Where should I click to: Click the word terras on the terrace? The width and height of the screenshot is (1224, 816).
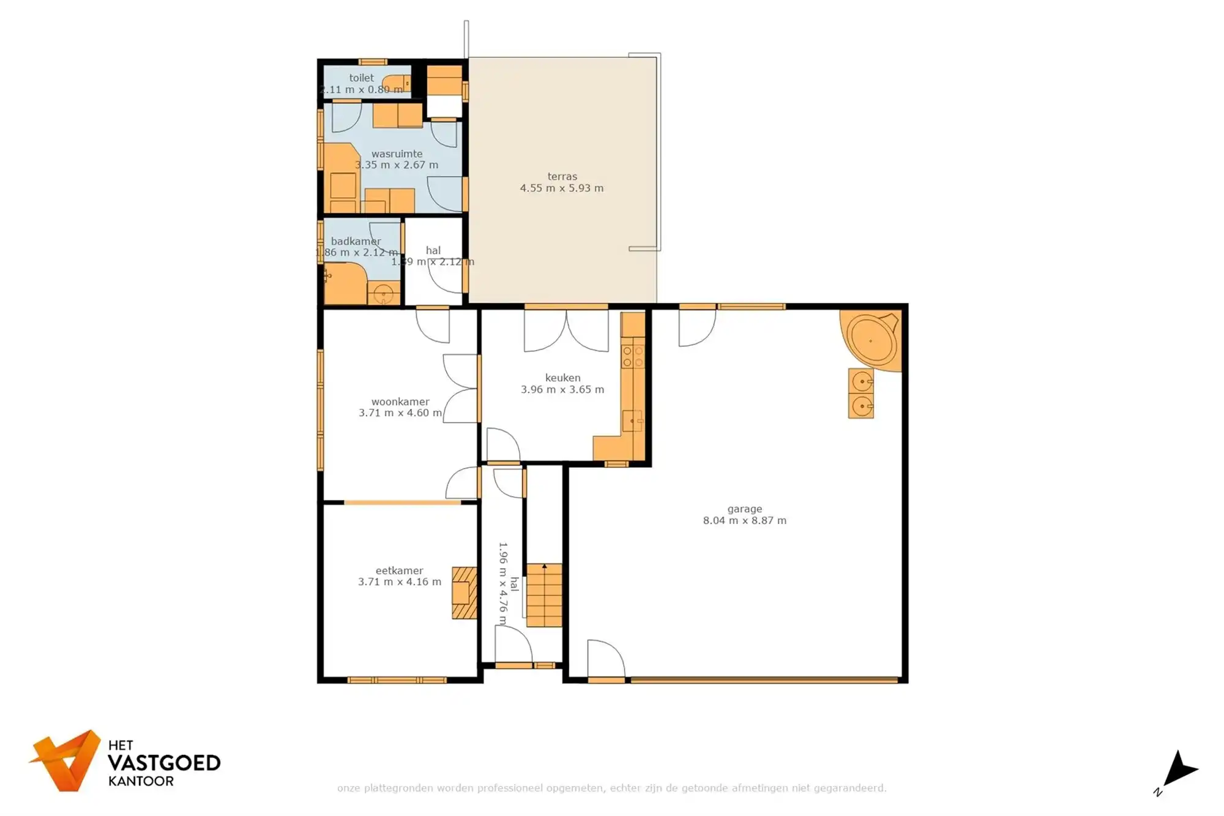pyautogui.click(x=562, y=176)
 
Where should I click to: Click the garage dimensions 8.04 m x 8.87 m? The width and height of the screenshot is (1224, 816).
pyautogui.click(x=744, y=520)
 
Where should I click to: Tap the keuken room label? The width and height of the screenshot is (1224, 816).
pyautogui.click(x=562, y=378)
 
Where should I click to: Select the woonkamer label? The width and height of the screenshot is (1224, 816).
pyautogui.click(x=400, y=402)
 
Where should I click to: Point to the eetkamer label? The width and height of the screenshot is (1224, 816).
pyautogui.click(x=399, y=571)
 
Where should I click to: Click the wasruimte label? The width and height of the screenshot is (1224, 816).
pyautogui.click(x=397, y=154)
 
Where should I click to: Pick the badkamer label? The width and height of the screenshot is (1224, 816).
pyautogui.click(x=356, y=241)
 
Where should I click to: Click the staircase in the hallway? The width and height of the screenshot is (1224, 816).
pyautogui.click(x=544, y=595)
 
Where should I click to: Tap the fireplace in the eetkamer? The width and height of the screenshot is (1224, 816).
pyautogui.click(x=464, y=593)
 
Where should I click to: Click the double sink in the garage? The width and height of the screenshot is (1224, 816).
pyautogui.click(x=861, y=393)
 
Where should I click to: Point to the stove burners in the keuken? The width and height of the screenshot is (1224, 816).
pyautogui.click(x=633, y=357)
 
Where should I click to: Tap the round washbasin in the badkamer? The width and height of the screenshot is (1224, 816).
pyautogui.click(x=384, y=294)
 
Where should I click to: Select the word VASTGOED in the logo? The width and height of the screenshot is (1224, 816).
pyautogui.click(x=163, y=763)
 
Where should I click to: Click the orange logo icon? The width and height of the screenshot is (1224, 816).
pyautogui.click(x=66, y=760)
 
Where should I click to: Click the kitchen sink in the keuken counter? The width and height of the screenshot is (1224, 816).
pyautogui.click(x=632, y=421)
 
